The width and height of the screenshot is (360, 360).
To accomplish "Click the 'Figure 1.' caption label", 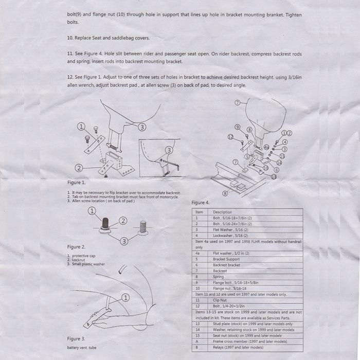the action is pos(77,182).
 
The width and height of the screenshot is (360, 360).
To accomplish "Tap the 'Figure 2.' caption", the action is pos(77,247).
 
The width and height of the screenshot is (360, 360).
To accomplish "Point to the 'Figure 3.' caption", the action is pos(77,339).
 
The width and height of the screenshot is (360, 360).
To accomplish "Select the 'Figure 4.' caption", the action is pos(201,203).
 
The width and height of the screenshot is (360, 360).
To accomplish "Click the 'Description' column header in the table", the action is pos(222,212).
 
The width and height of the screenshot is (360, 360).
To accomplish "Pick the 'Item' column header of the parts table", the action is pos(200,212).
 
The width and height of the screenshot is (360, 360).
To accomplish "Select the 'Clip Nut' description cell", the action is pos(221,299).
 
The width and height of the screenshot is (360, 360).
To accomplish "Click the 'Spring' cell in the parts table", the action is pos(219,277).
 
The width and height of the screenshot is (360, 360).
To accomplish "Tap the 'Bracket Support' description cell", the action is pos(227,259).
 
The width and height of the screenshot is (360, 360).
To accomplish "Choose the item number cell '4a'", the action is pos(198,253).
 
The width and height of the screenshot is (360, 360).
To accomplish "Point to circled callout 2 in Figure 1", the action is pos(79,168).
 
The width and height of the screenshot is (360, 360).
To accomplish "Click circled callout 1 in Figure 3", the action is pos(125,298).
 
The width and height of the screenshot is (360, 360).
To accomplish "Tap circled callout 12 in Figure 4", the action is pos(231,136).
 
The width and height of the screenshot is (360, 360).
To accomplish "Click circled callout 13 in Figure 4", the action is pos(273,176).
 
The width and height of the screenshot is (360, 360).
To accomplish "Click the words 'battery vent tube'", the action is pos(82,348).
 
